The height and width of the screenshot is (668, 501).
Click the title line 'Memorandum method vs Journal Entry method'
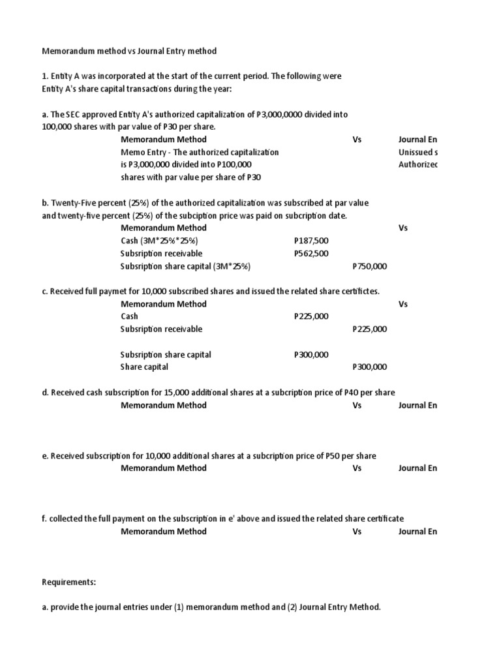[129, 51]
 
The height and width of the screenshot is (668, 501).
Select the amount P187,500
[311, 241]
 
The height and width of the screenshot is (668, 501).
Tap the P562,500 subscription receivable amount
[311, 254]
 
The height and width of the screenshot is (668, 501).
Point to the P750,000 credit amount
[369, 266]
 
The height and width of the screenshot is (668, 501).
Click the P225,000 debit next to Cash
[311, 316]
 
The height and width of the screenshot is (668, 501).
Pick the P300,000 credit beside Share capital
[369, 367]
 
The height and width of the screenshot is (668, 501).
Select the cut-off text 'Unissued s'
[417, 152]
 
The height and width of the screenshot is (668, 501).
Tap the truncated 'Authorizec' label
[417, 164]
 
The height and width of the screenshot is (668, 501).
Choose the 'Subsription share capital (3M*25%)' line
[185, 266]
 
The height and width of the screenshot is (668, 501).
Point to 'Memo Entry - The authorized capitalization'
[200, 152]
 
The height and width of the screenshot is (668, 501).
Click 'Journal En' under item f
[417, 532]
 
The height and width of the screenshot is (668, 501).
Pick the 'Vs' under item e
[357, 468]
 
